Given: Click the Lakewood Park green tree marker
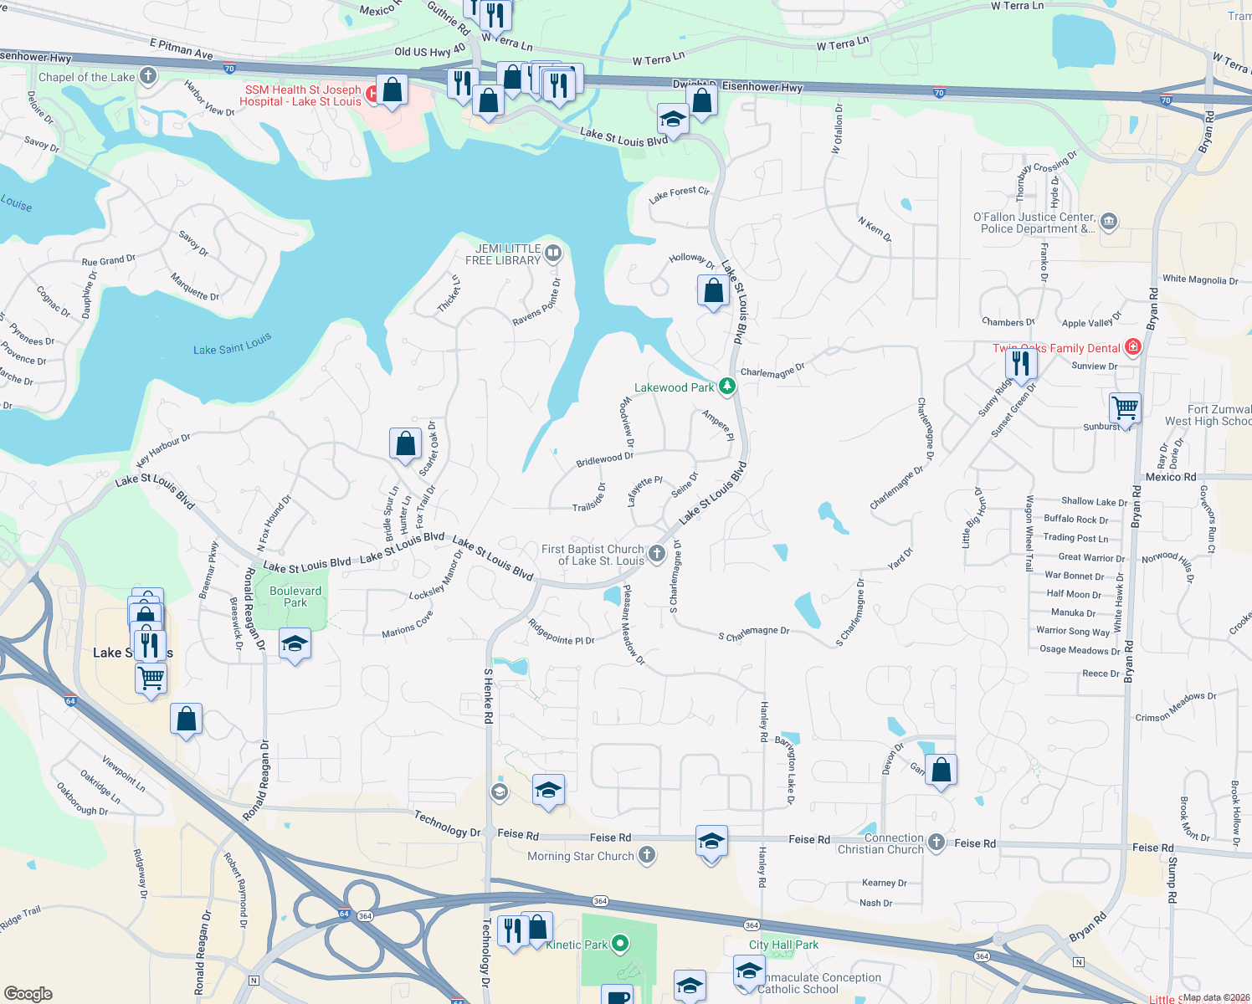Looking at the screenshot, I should (727, 387).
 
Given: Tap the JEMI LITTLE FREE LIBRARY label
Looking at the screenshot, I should (503, 254).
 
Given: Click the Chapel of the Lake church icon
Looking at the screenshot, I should (147, 77).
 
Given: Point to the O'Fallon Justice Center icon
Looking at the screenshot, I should (1109, 222).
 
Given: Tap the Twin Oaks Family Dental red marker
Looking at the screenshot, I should (1132, 347).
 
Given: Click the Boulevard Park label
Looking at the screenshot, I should (295, 597).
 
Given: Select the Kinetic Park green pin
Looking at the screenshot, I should (620, 944).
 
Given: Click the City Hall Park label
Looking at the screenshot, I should (783, 945).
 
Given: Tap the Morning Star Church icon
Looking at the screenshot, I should (647, 855).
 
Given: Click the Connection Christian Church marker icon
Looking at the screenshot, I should (936, 843).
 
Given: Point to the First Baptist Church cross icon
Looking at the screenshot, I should (657, 553).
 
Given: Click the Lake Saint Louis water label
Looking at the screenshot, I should (233, 345).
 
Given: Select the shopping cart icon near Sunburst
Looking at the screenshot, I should (1125, 408).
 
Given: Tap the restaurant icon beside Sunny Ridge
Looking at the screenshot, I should (1020, 363).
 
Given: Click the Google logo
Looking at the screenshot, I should (28, 993).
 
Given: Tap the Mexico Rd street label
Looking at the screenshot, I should (1170, 477).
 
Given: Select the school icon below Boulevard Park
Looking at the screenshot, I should (295, 644).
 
